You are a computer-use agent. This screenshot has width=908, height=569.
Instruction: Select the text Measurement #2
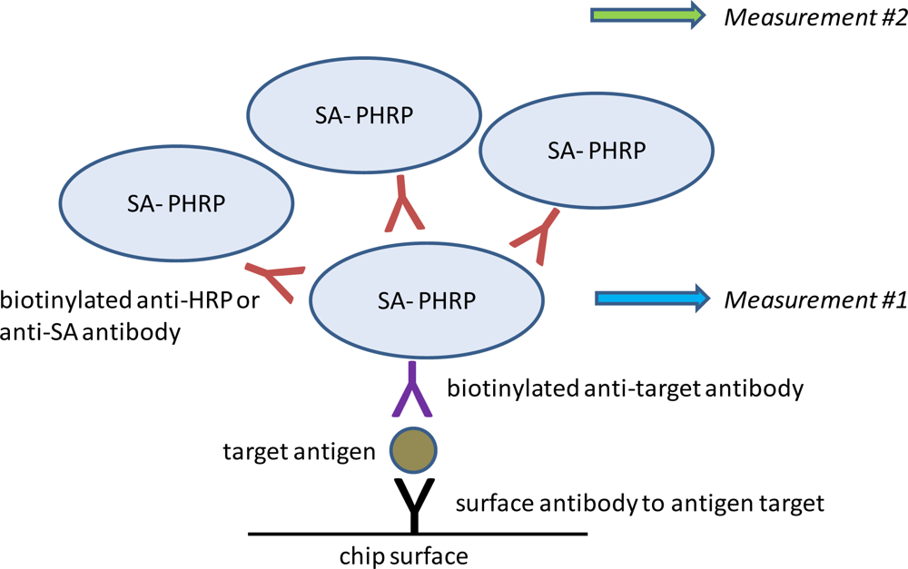[814, 16]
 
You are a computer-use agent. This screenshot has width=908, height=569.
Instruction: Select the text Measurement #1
[814, 299]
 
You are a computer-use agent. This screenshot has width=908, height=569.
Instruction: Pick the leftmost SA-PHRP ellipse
[176, 202]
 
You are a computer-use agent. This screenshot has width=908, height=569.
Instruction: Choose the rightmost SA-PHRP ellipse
[597, 150]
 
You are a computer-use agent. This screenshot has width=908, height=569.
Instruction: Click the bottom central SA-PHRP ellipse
[427, 299]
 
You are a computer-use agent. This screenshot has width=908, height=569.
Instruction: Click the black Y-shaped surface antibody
[413, 504]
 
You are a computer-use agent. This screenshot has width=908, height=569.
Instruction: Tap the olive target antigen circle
[413, 449]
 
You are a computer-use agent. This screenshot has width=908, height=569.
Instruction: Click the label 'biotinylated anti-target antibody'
[626, 389]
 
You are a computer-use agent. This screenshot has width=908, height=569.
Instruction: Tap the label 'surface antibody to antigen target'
[639, 503]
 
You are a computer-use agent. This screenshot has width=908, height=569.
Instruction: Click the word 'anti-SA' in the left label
[37, 332]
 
